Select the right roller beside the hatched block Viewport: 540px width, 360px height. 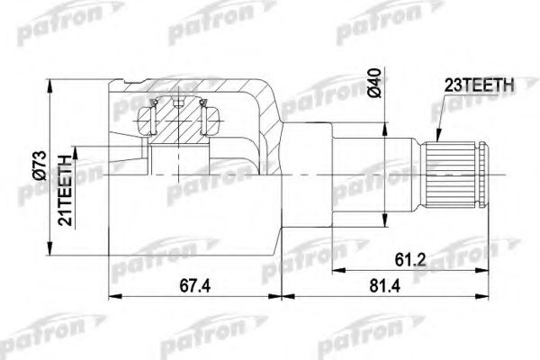pos(212,117)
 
